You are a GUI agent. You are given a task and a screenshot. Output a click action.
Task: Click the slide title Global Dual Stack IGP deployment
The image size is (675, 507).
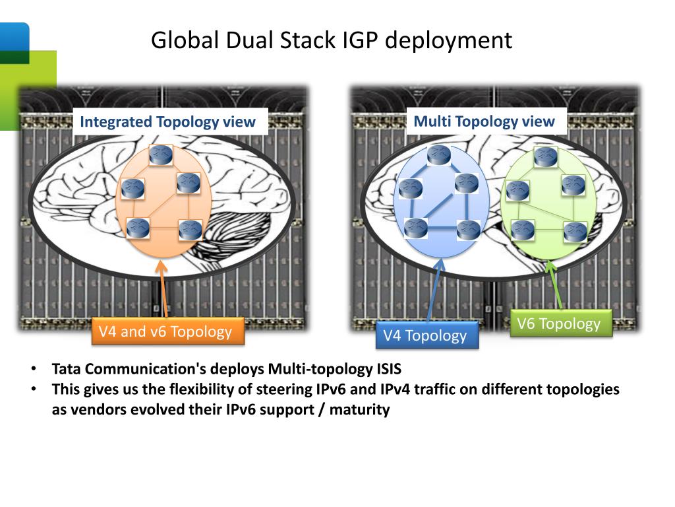(x=331, y=40)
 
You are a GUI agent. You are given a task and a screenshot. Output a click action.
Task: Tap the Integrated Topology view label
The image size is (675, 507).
(x=167, y=121)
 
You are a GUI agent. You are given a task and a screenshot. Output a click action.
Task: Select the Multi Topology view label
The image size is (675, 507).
(x=484, y=121)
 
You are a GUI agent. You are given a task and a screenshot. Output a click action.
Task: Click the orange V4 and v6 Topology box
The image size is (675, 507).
(x=165, y=331)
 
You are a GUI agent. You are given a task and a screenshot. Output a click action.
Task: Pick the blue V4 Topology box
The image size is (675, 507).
(x=425, y=335)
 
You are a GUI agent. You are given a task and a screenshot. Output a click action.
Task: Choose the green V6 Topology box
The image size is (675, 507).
(x=559, y=323)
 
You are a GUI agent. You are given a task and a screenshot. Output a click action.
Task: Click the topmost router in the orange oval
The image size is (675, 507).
(x=160, y=154)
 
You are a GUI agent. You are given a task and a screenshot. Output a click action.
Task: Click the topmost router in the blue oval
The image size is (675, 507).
(x=438, y=155)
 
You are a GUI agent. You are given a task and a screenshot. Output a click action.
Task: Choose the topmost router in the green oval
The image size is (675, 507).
(x=545, y=156)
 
